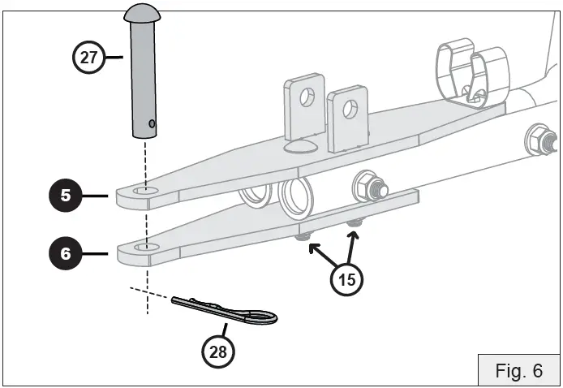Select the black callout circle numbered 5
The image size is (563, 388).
pos(65,196)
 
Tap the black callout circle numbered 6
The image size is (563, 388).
pos(65,254)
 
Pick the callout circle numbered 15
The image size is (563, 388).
pos(347,279)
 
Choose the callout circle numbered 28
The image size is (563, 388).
pos(217,351)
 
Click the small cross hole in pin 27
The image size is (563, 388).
pos(151,124)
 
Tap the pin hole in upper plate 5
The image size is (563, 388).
pos(147,191)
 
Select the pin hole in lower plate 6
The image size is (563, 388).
pos(146,246)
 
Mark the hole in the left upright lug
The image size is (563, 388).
pos(307,97)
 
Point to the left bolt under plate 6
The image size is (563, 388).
pos(305,236)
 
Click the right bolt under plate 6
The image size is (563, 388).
pos(354,222)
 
